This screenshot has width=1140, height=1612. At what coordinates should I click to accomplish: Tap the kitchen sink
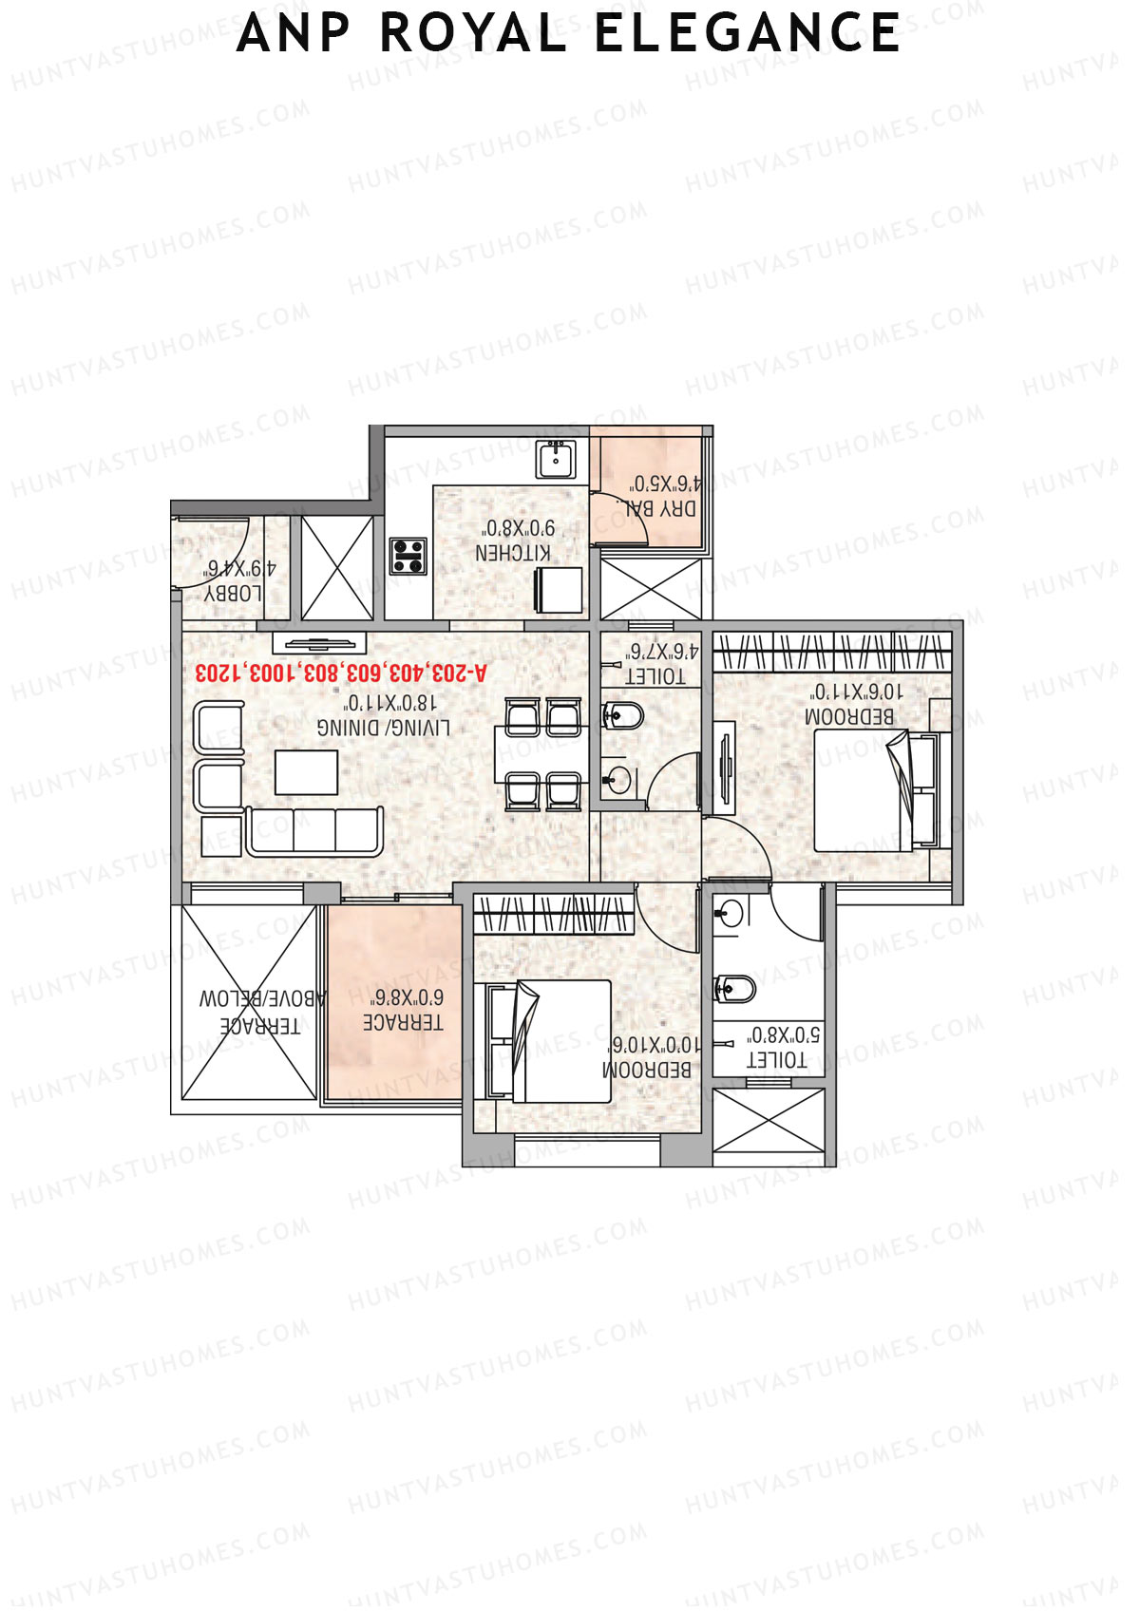tap(555, 460)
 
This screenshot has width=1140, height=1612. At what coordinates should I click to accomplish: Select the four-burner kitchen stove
tap(408, 556)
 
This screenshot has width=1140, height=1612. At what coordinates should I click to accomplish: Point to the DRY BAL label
tap(661, 508)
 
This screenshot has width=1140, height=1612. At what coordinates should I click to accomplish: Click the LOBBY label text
tap(234, 593)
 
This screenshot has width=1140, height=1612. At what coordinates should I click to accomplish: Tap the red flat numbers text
tap(340, 673)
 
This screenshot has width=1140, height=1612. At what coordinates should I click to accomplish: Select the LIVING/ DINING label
tap(384, 728)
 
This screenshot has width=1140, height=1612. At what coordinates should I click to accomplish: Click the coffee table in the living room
tap(306, 771)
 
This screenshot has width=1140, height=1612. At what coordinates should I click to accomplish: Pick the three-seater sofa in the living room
tap(314, 832)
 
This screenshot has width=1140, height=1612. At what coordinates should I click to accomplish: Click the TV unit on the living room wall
tap(320, 642)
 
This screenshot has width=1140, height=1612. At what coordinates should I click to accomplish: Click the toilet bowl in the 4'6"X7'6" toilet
tap(623, 714)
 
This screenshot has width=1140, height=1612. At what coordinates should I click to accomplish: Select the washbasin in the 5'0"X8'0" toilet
tap(730, 914)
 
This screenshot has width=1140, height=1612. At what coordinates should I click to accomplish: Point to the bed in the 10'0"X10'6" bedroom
tap(549, 1041)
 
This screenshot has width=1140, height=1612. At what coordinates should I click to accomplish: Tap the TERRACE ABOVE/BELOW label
tap(261, 1013)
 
